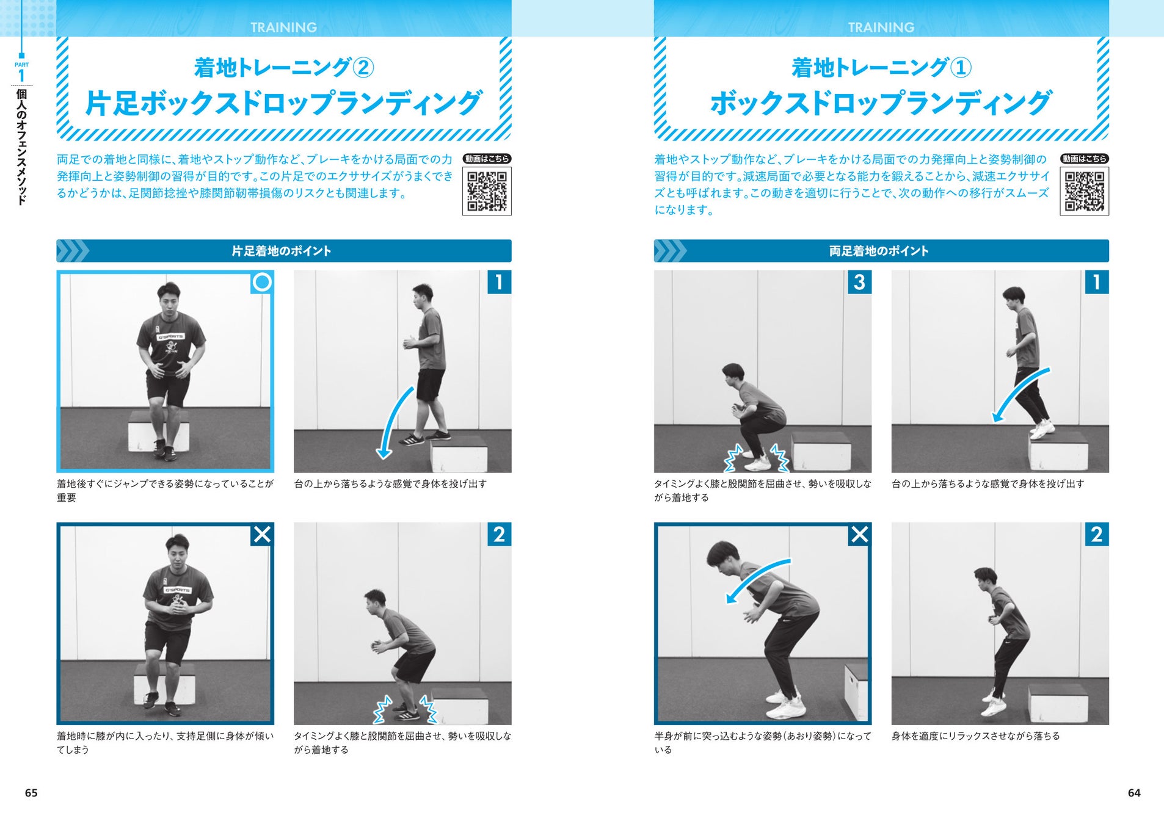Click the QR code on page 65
click(x=487, y=191)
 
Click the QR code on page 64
click(x=1084, y=191)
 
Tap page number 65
click(x=31, y=793)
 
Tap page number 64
click(x=1134, y=793)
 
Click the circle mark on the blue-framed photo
click(x=262, y=282)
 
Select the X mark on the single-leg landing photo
click(x=262, y=535)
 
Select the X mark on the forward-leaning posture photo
click(x=859, y=535)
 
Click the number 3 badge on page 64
click(x=859, y=282)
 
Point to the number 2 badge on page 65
click(x=499, y=534)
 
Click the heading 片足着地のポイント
click(x=282, y=251)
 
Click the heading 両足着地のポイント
click(x=879, y=251)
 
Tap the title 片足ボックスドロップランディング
click(x=284, y=103)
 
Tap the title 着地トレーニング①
click(x=881, y=67)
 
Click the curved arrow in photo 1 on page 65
click(x=391, y=421)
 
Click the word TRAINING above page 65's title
click(x=283, y=27)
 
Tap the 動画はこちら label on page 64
click(x=1084, y=159)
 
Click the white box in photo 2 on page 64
click(x=1058, y=703)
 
